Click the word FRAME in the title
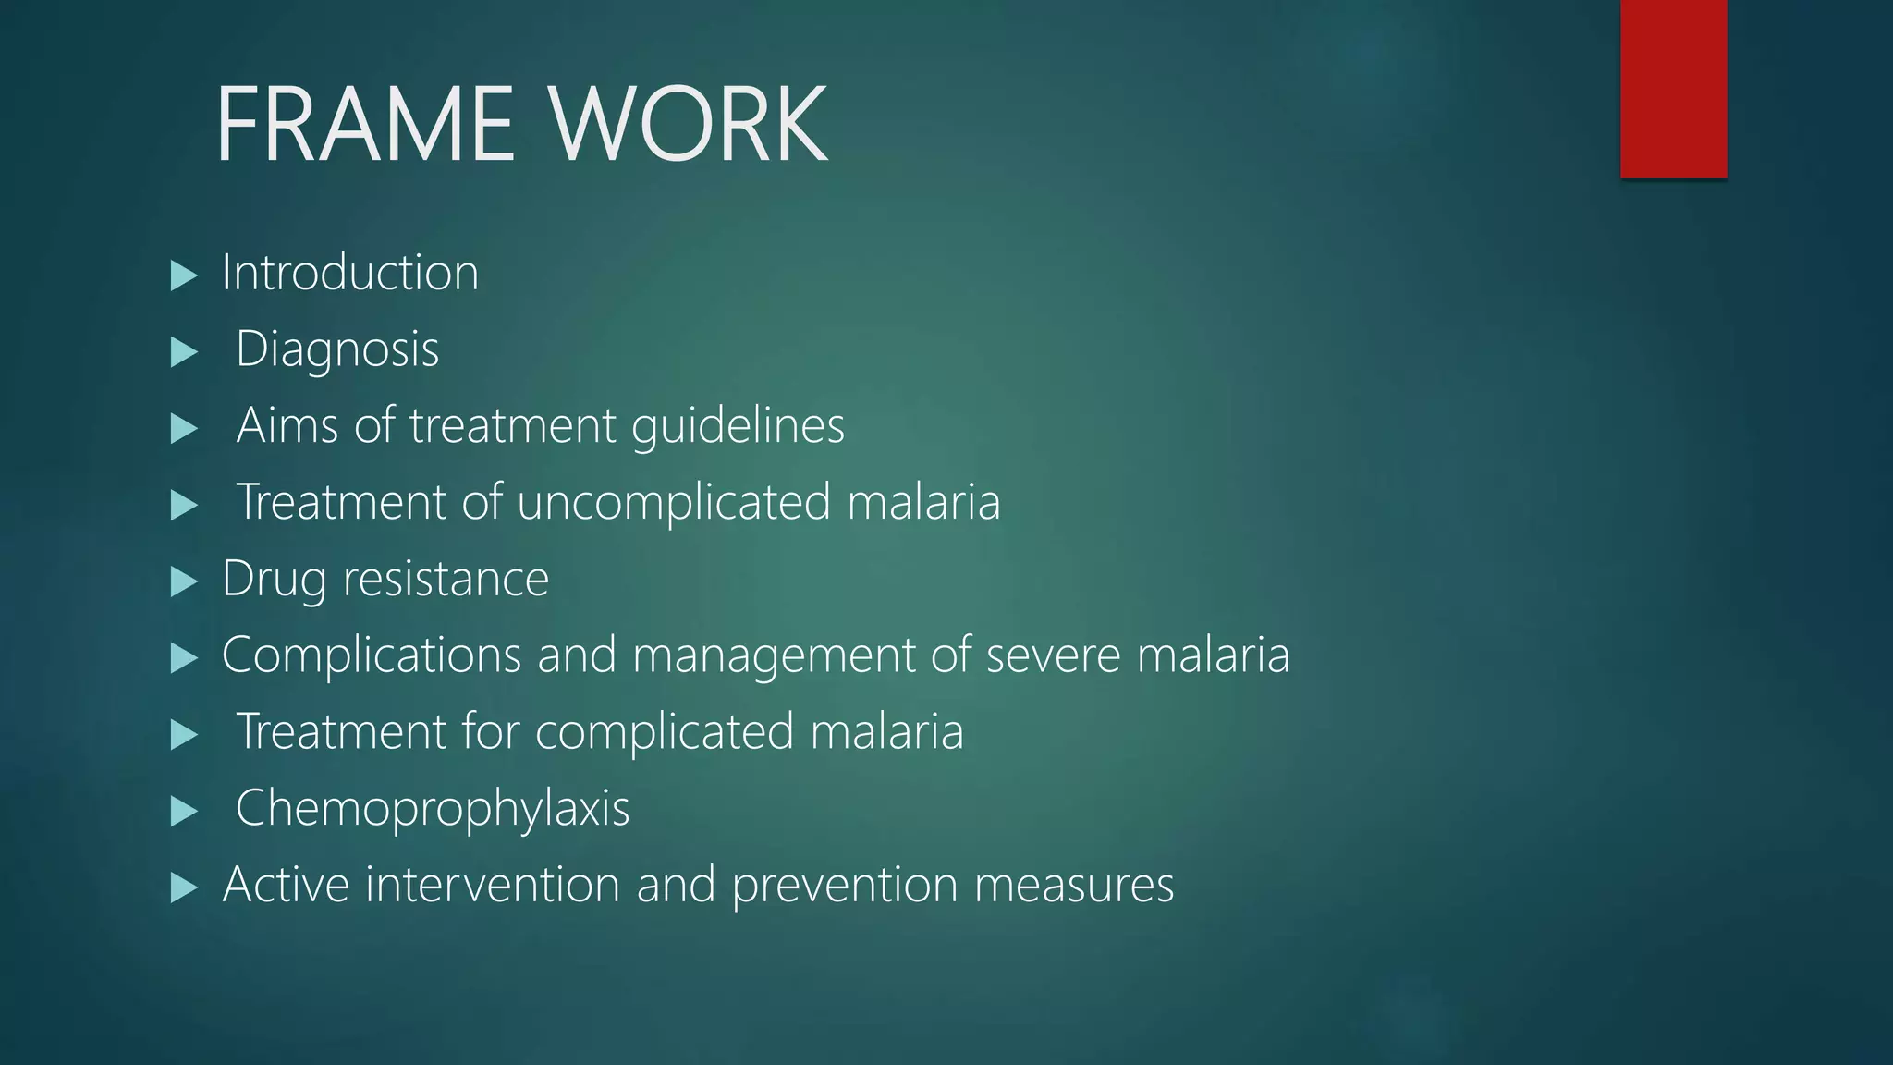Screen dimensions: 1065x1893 pos(364,124)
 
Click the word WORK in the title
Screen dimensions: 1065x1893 pos(688,124)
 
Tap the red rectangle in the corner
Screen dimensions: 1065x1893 pos(1673,88)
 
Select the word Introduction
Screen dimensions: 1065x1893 pos(350,274)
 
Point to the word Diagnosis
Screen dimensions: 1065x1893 pos(337,350)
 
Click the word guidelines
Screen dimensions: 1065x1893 pos(738,427)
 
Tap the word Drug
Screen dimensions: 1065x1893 pos(274,581)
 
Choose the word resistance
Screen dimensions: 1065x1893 pos(446,581)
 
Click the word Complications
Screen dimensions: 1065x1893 pos(372,655)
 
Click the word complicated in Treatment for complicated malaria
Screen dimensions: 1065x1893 pos(664,733)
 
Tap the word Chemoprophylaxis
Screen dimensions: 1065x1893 pos(433,809)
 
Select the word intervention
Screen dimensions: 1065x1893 pos(493,885)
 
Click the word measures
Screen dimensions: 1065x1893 pos(1074,886)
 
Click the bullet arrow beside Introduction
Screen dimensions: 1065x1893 pos(185,275)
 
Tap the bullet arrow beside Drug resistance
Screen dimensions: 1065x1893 pos(185,581)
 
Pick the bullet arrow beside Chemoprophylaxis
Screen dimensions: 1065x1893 pos(185,811)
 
